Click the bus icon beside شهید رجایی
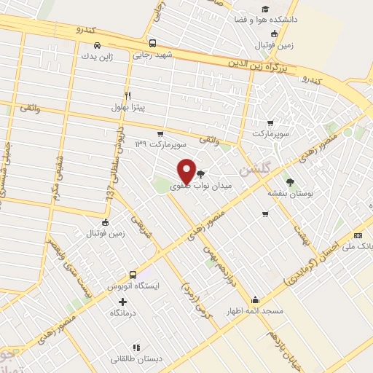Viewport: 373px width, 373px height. coord(152,42)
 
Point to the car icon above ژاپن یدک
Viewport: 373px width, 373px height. coord(87,43)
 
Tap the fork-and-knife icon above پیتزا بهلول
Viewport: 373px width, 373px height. coord(128,95)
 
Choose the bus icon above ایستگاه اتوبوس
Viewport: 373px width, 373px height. coord(133,275)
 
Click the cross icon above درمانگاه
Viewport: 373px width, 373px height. coord(122,301)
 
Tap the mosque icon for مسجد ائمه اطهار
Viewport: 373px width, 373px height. coord(255,299)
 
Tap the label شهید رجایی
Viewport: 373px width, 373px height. coord(152,55)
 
